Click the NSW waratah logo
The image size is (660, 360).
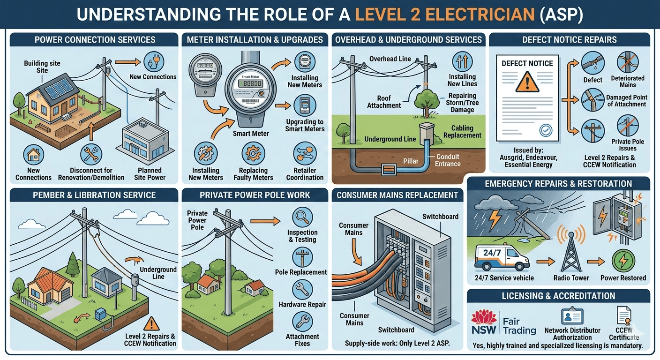tap(483, 322)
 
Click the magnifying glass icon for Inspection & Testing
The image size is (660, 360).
tap(302, 217)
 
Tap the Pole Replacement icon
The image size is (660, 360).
tap(302, 257)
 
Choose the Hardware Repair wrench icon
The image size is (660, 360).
tap(302, 290)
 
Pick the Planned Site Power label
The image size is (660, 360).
tap(150, 174)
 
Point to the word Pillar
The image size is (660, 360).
tap(411, 161)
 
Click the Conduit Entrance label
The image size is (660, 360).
tap(448, 160)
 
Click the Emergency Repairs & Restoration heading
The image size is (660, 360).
tap(558, 184)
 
